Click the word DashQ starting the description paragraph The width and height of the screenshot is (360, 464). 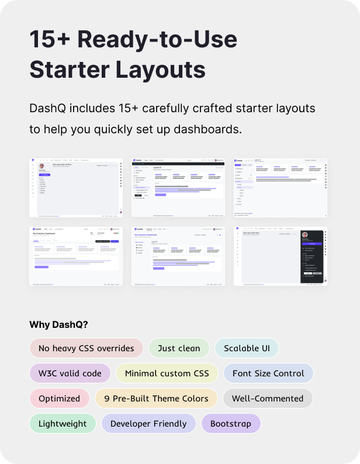[x=46, y=109]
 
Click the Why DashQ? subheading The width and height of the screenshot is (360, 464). [x=58, y=325]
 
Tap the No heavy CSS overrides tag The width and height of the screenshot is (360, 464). [x=86, y=348]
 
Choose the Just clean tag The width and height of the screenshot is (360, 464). [x=179, y=348]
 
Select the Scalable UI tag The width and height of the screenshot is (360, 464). [x=247, y=348]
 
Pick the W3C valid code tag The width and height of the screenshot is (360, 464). [x=70, y=373]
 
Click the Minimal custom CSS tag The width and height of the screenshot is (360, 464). [x=167, y=373]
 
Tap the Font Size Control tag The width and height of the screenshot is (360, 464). [x=268, y=373]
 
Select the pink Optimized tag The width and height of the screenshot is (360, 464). [x=59, y=399]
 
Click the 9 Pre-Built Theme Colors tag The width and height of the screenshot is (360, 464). [x=156, y=399]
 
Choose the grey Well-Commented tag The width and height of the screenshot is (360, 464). [x=268, y=399]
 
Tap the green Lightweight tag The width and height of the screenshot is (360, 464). [x=63, y=424]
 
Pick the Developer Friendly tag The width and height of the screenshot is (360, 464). [x=148, y=424]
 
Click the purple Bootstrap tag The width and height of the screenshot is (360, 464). [x=231, y=424]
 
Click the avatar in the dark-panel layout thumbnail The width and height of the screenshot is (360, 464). [x=304, y=235]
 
